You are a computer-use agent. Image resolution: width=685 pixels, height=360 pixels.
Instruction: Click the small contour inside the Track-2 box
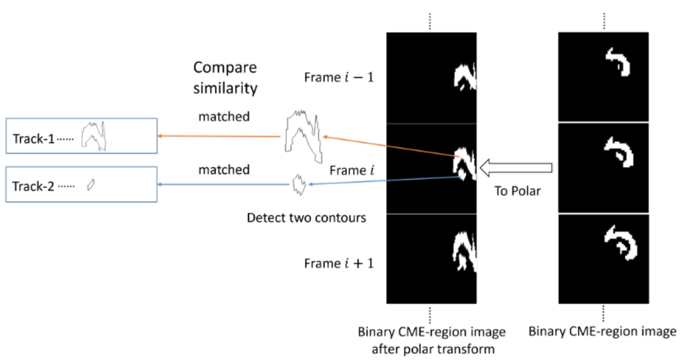point(91,185)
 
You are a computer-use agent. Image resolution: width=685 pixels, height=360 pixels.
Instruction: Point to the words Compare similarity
point(225,78)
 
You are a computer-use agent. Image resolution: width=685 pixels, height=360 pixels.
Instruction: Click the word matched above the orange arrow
point(224,117)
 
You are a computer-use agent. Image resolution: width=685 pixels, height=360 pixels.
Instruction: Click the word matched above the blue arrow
point(224,169)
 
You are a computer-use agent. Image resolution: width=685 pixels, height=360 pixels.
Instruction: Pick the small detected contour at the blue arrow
point(299,185)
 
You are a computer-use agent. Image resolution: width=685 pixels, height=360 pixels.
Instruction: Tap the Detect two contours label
point(306,218)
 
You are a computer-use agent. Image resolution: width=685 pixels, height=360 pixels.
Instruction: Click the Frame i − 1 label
point(339,77)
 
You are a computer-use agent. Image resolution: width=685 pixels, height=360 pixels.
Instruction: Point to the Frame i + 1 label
point(339,264)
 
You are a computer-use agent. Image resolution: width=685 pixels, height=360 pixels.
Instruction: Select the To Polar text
point(517,191)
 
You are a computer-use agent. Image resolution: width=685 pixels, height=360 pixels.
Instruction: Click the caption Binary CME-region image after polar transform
point(432,340)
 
